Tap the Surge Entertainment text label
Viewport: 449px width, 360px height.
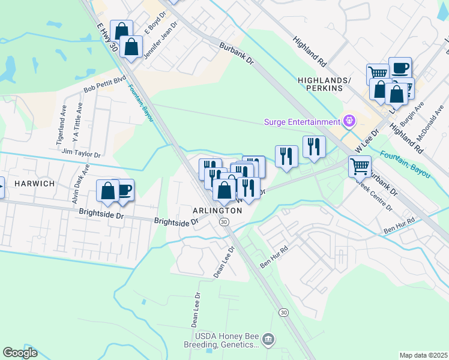pos(302,122)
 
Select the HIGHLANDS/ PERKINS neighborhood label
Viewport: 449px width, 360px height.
pos(320,84)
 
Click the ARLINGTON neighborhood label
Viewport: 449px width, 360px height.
pos(217,211)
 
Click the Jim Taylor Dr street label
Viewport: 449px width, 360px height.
pos(80,154)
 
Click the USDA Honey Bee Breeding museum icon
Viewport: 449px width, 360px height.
pos(268,340)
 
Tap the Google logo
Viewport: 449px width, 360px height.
pos(20,353)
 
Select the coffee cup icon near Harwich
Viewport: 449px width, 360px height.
pos(124,190)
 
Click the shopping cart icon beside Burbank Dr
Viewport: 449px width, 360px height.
pos(360,166)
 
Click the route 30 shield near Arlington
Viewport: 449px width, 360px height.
pos(224,222)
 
